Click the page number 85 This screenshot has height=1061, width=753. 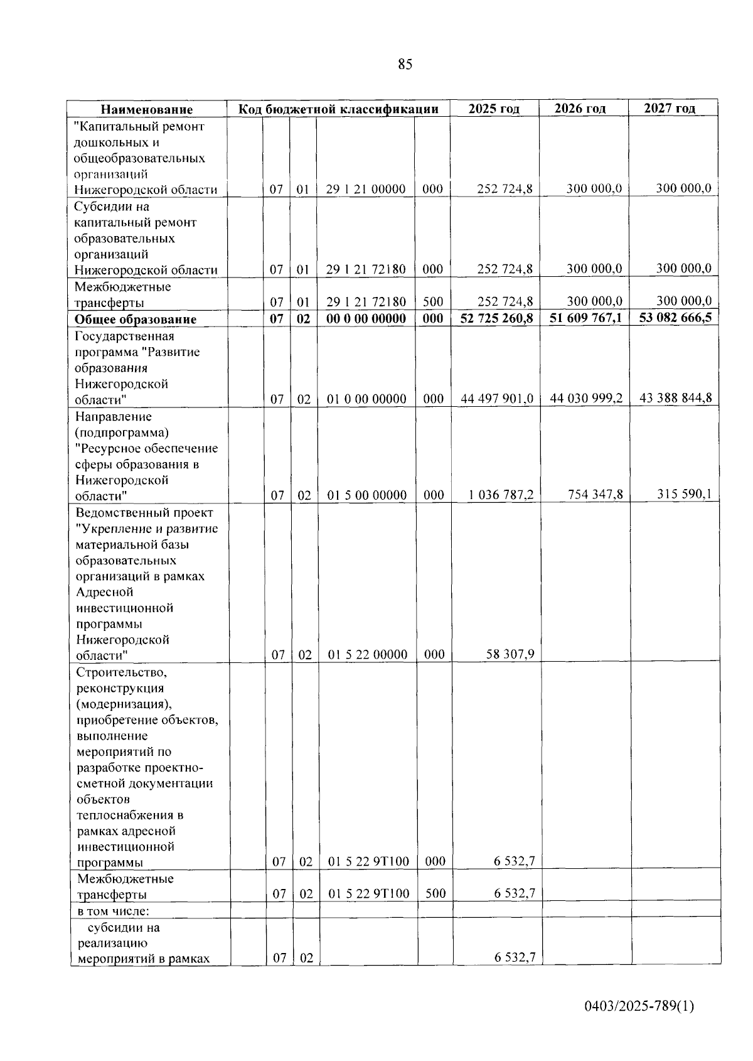[x=405, y=64]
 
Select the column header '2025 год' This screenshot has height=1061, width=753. [x=494, y=109]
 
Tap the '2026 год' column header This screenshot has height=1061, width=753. [x=580, y=109]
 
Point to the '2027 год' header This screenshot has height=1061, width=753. [x=670, y=108]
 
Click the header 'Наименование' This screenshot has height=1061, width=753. [x=147, y=110]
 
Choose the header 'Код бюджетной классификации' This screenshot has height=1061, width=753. [x=338, y=109]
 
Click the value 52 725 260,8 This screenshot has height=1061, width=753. [x=496, y=318]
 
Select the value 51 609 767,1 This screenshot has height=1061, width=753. [x=585, y=318]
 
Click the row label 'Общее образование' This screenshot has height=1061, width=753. [x=136, y=320]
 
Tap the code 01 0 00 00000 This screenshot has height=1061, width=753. [x=366, y=399]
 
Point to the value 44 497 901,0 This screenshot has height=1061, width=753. [x=497, y=399]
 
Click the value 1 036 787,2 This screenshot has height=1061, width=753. [x=501, y=495]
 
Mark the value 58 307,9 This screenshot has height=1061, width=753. [x=510, y=654]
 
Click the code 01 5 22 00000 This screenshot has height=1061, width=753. [x=368, y=655]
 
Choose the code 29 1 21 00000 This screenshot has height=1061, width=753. [x=365, y=189]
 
